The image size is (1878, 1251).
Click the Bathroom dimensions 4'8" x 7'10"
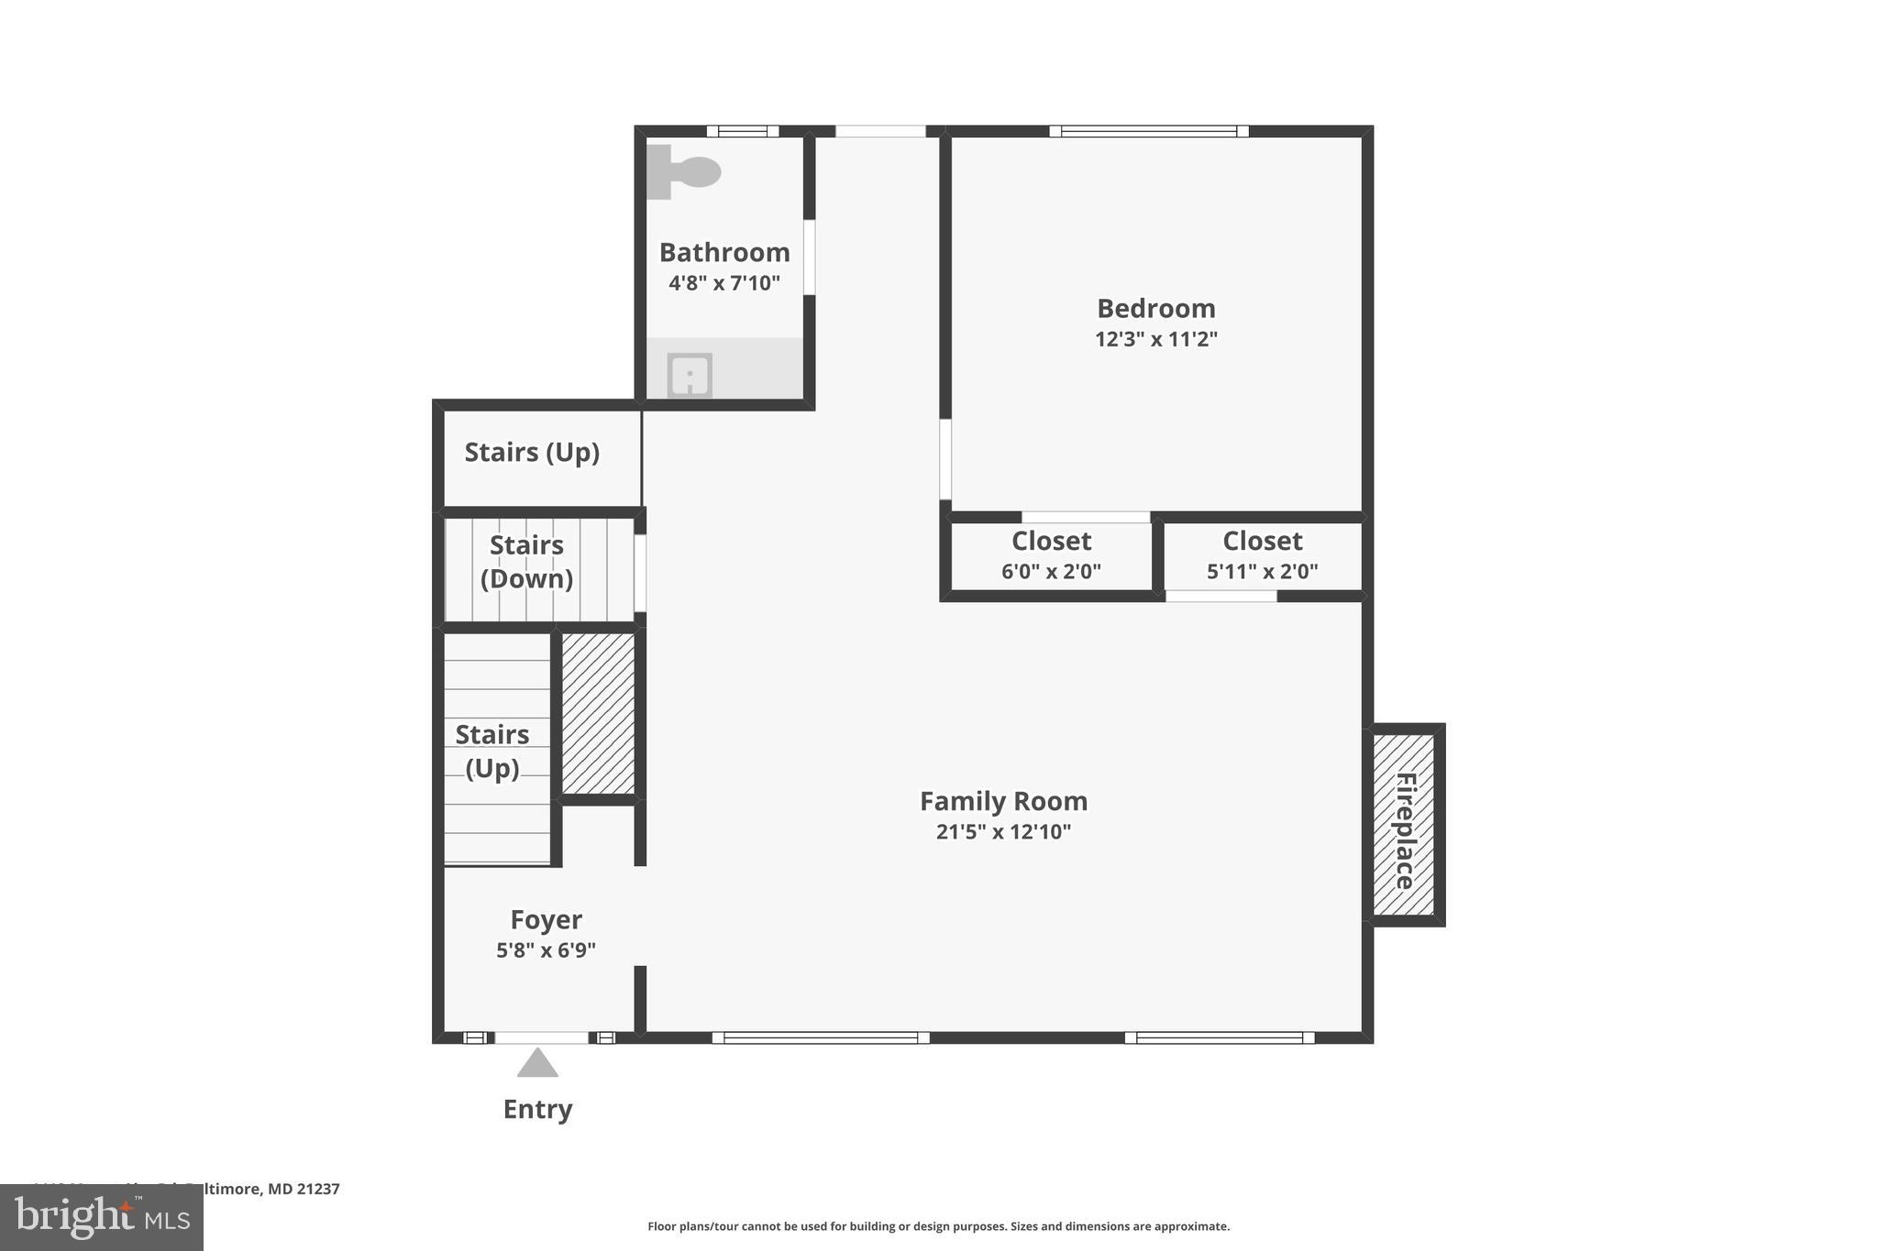(724, 282)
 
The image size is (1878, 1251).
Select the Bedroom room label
(1155, 308)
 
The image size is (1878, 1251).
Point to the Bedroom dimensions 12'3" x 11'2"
(1155, 339)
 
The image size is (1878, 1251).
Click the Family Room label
(1003, 801)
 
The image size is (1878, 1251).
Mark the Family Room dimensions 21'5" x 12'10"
(1003, 832)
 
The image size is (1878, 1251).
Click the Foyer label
(546, 919)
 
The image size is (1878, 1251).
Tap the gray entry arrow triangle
(537, 1064)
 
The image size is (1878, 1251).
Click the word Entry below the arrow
(537, 1109)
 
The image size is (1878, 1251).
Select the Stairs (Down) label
(526, 562)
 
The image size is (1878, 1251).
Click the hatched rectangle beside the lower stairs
(598, 713)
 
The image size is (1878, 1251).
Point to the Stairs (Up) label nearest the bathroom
(532, 452)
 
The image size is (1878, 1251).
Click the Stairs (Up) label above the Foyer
(492, 751)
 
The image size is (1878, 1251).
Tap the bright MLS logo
(102, 1217)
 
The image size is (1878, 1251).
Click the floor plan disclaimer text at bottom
(938, 1226)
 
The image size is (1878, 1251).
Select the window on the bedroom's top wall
(1148, 131)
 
